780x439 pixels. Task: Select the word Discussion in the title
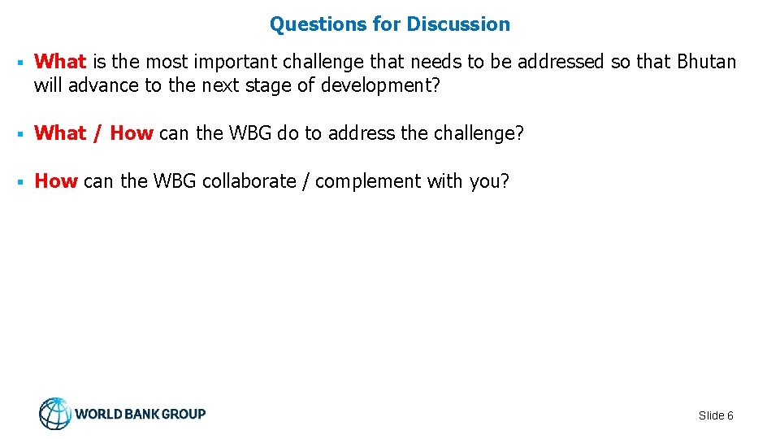(458, 24)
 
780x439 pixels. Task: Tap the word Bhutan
(703, 62)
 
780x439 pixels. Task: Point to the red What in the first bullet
(60, 62)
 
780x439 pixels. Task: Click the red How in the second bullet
(131, 133)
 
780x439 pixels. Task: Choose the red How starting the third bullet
(55, 181)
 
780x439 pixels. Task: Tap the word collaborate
(249, 181)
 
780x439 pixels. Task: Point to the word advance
(103, 85)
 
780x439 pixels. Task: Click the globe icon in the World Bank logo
(55, 414)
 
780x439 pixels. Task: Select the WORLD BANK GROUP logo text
(140, 414)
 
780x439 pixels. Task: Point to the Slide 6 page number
(716, 415)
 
